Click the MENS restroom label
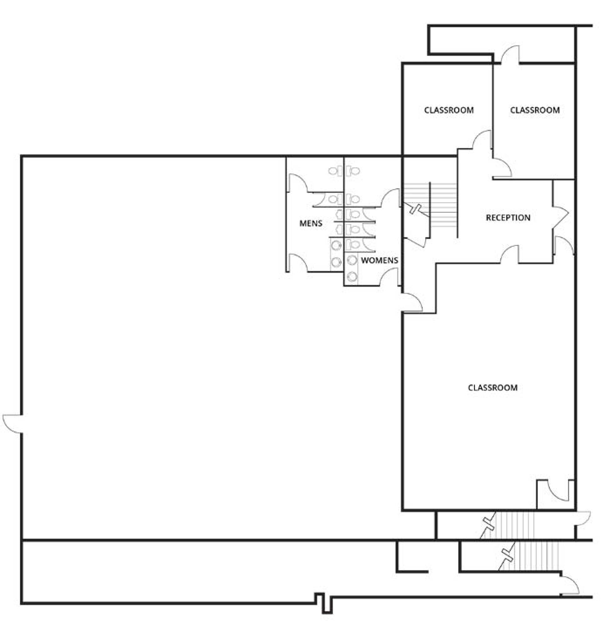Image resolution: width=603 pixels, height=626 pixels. pos(311,223)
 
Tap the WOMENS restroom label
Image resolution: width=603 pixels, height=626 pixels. pos(379,260)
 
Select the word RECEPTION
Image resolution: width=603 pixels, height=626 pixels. pos(508,218)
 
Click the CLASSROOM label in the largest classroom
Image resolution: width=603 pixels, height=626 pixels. pos(493,388)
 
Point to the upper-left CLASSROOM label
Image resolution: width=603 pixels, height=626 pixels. pos(449,110)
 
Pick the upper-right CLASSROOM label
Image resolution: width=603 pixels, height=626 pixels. pos(535,110)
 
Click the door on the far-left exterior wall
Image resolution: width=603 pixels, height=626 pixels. pos(13,424)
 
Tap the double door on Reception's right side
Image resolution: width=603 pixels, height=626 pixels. pos(560,217)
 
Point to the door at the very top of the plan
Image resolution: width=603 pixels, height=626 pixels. pos(510,54)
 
